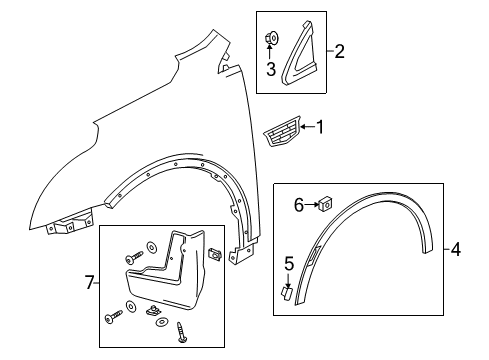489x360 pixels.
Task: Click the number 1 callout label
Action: [x=321, y=126]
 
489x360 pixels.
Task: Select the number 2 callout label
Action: [x=339, y=50]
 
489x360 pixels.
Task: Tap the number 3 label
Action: [x=271, y=68]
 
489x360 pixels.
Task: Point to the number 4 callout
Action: [x=455, y=248]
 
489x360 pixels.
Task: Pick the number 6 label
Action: [x=297, y=204]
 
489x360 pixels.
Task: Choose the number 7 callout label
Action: [x=89, y=284]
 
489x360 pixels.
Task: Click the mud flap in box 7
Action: [x=172, y=276]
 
